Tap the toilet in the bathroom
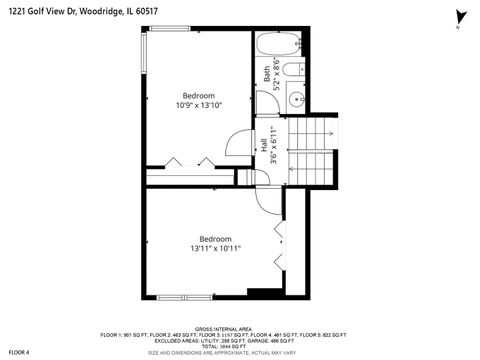293,70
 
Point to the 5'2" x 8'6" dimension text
277,73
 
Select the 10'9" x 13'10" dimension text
198,104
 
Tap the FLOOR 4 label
20,351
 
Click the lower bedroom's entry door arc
267,199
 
